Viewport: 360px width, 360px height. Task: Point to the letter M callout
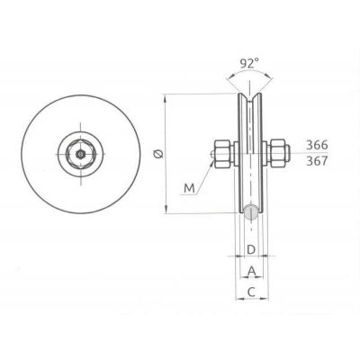189,186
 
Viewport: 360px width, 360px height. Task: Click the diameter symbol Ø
159,154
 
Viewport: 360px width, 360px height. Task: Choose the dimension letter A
251,271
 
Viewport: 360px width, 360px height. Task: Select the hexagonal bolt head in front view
81,154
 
